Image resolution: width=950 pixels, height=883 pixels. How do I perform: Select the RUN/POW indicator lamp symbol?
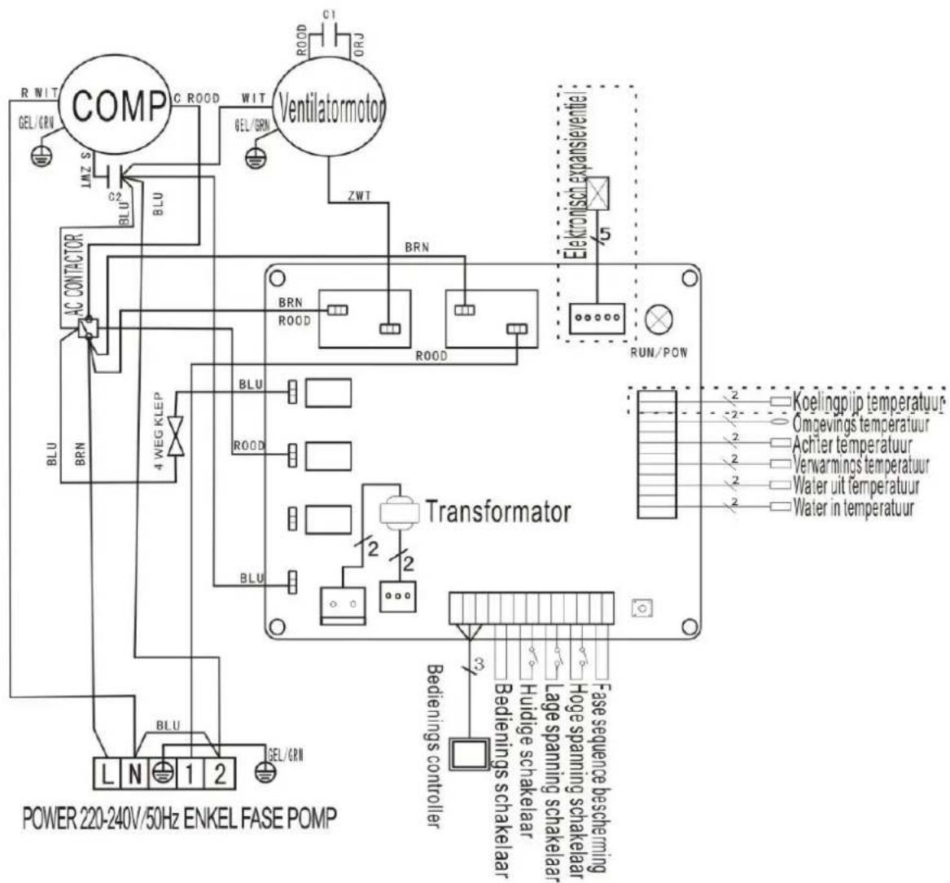pos(657,319)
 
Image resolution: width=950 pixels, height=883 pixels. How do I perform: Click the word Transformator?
pos(498,512)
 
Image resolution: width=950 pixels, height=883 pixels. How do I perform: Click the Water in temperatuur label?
pos(853,508)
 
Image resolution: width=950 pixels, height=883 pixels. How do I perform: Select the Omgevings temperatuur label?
pos(860,424)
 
